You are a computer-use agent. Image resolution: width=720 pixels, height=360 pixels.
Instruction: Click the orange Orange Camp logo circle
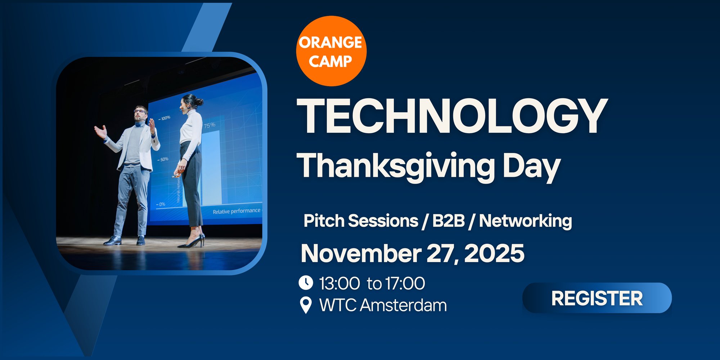[x=331, y=51]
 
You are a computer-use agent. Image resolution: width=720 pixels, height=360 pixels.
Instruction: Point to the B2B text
[x=448, y=221]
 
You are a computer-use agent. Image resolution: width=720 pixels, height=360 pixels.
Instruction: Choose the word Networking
[x=525, y=221]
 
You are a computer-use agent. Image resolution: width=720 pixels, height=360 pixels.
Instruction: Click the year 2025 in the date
[x=494, y=253]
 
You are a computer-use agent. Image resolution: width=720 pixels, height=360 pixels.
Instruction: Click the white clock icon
[x=306, y=283]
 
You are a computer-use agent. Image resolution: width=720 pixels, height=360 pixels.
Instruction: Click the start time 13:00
[x=339, y=283]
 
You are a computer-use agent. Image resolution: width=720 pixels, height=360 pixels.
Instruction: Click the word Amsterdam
[x=403, y=305]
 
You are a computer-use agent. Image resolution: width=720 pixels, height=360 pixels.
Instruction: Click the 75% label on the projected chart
[x=210, y=125]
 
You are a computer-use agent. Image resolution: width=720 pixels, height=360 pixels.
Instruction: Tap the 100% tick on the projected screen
[x=165, y=118]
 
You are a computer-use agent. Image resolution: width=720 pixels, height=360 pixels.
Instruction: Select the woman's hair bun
[x=199, y=102]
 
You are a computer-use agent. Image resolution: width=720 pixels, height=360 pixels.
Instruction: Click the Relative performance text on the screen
[x=236, y=211]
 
